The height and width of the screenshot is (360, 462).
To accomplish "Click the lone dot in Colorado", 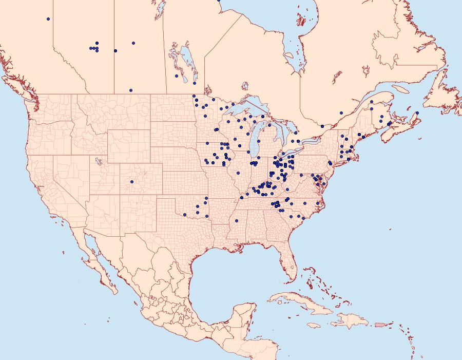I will pyautogui.click(x=132, y=182).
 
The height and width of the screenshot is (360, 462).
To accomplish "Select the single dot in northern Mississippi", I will pyautogui.click(x=237, y=221).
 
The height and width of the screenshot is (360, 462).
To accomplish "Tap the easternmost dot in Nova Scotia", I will pyautogui.click(x=417, y=113).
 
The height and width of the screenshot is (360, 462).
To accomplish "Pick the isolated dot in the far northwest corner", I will pyautogui.click(x=48, y=19).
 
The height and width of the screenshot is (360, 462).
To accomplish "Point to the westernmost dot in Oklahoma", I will pyautogui.click(x=184, y=214).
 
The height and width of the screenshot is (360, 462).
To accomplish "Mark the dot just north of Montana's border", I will pyautogui.click(x=131, y=90).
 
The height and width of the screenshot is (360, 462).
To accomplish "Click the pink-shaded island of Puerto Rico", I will pyautogui.click(x=380, y=324).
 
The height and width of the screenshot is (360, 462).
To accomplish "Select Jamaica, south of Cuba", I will pyautogui.click(x=314, y=325).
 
